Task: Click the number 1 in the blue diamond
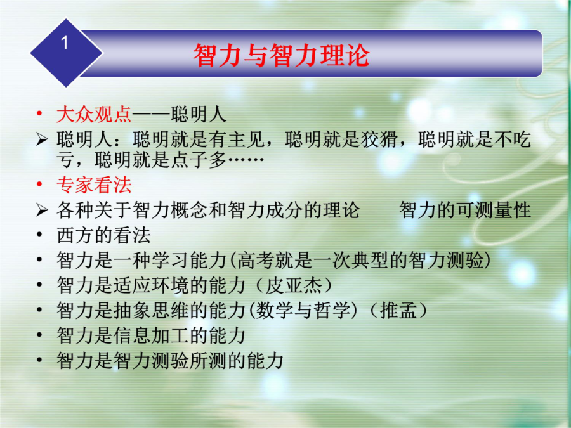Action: [x=65, y=42]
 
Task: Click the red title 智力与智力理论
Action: [x=281, y=55]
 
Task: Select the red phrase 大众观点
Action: [x=94, y=114]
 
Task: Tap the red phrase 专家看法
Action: [x=94, y=185]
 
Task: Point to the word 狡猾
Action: [x=379, y=139]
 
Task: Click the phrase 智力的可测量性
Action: [x=465, y=210]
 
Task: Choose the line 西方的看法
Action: [x=103, y=235]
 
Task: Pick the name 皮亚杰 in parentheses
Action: [x=294, y=285]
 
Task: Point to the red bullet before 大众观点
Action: [x=40, y=114]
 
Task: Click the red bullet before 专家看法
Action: [x=40, y=185]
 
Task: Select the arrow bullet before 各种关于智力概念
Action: [x=42, y=210]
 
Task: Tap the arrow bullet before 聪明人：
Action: [x=42, y=139]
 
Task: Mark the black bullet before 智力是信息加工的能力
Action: [x=40, y=335]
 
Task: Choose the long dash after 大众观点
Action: [x=151, y=115]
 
